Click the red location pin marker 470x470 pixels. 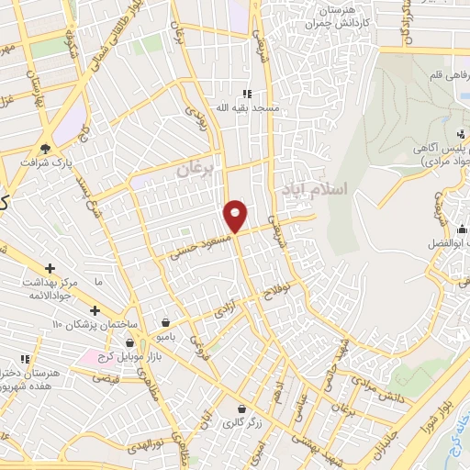tap(236, 216)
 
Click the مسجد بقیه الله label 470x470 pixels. tap(220, 107)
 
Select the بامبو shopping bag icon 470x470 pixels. tap(164, 322)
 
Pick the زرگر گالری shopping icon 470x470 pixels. tap(241, 409)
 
